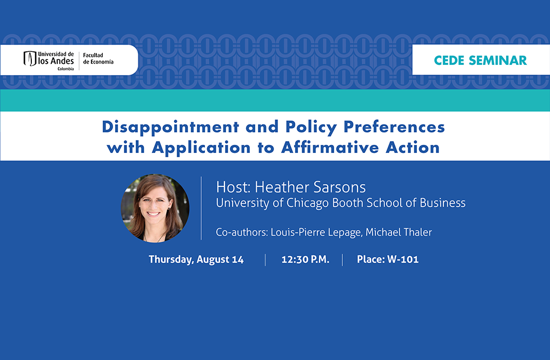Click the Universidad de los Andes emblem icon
[x=30, y=58]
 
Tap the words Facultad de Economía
[x=98, y=58]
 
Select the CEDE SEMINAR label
[x=480, y=61]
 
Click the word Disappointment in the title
[x=170, y=128]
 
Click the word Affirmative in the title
[x=330, y=148]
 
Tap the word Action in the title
[x=413, y=148]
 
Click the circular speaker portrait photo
[x=155, y=208]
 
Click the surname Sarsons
[x=340, y=187]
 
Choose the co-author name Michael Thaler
[x=399, y=232]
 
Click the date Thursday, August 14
[x=196, y=259]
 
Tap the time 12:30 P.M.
[x=305, y=259]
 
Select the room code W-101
[x=403, y=259]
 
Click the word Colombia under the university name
[x=65, y=69]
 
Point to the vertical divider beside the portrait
[x=201, y=208]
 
